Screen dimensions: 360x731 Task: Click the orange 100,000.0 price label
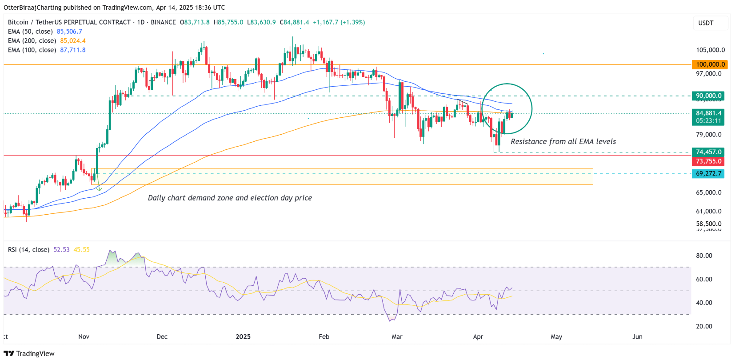click(x=710, y=64)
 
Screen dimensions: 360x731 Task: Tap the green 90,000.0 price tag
click(x=708, y=96)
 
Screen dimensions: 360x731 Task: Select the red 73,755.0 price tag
click(x=708, y=161)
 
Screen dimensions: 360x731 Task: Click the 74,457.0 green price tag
click(x=708, y=152)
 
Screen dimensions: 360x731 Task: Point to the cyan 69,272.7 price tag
click(x=708, y=173)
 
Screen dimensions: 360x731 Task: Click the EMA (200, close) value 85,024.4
click(x=73, y=41)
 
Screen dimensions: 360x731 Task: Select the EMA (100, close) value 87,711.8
click(x=73, y=50)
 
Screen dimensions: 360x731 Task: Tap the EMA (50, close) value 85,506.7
click(x=69, y=32)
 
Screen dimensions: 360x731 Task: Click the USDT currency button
click(x=706, y=23)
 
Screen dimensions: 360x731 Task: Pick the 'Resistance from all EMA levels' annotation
click(x=563, y=142)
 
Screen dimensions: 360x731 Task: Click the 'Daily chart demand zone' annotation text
click(x=230, y=198)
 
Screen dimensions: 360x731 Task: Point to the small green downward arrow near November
click(x=99, y=189)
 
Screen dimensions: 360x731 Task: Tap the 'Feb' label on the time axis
click(x=324, y=337)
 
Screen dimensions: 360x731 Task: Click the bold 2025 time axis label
click(x=243, y=337)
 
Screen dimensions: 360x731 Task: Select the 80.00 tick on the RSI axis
click(x=704, y=256)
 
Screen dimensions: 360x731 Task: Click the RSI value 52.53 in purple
click(x=61, y=250)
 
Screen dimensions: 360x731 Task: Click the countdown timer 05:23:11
click(x=708, y=121)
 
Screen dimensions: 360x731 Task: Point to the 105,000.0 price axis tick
click(x=710, y=50)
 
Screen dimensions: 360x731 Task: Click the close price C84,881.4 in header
click(x=294, y=22)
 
